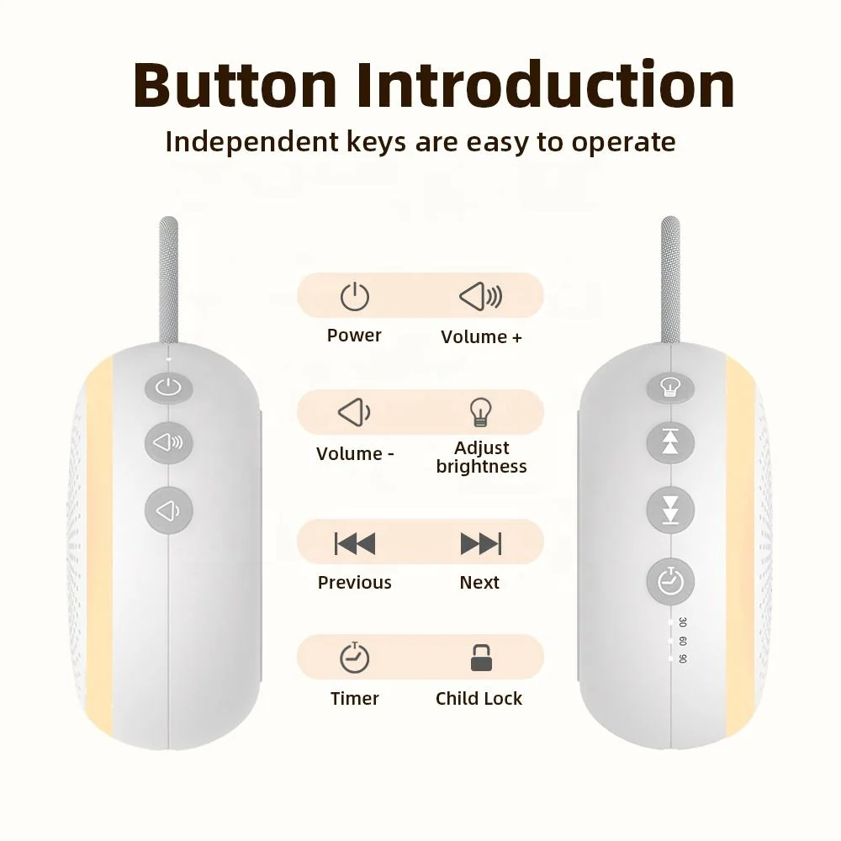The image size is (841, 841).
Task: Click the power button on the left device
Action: click(169, 387)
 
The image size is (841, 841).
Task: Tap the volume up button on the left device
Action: click(169, 442)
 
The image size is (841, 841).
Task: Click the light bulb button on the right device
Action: click(670, 388)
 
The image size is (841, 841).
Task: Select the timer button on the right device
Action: click(670, 581)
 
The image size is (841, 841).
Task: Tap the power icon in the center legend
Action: click(355, 297)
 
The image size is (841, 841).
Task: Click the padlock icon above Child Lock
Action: click(481, 658)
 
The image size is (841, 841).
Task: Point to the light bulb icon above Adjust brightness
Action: click(480, 412)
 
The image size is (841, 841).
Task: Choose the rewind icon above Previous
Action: click(355, 543)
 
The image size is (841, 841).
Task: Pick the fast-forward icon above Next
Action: click(481, 543)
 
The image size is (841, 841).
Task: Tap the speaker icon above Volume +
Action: click(480, 296)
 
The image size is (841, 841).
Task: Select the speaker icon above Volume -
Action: click(355, 412)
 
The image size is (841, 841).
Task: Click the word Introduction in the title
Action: click(546, 85)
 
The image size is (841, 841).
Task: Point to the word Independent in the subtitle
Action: click(252, 142)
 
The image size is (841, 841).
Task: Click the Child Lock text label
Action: click(479, 698)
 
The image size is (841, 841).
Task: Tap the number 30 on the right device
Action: click(682, 622)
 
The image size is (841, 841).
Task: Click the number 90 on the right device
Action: click(682, 659)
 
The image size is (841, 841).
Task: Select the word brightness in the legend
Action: click(481, 467)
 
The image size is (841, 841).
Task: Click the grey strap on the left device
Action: click(169, 279)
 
